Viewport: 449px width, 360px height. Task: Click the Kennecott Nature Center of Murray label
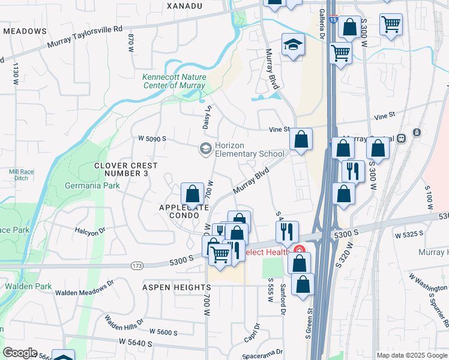click(174, 81)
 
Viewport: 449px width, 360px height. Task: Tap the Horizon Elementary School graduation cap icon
click(205, 149)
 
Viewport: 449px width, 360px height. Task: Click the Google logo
click(20, 353)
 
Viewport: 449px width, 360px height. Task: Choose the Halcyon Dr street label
click(90, 230)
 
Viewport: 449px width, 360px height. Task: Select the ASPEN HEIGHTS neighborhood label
click(176, 288)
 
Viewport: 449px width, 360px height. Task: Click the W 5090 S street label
click(151, 139)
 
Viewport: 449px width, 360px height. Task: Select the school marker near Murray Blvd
click(293, 45)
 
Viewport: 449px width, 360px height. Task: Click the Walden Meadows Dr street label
click(84, 287)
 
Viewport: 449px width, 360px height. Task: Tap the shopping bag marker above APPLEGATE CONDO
click(192, 194)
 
